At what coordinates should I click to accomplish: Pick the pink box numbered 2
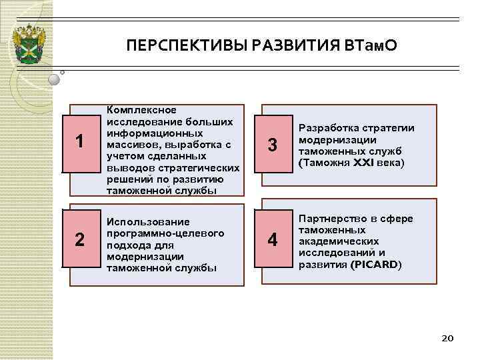click(x=79, y=239)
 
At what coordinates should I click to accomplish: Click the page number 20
click(x=447, y=339)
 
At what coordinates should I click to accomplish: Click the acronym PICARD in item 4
click(x=377, y=265)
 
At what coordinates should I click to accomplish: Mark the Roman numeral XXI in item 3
click(x=366, y=163)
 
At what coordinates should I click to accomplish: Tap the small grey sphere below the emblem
click(x=55, y=79)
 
